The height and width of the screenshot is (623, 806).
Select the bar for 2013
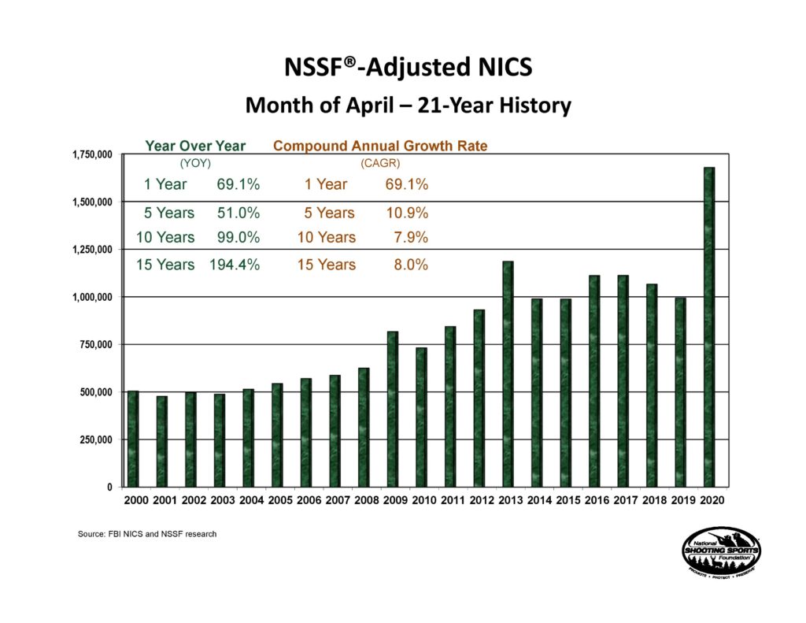coord(508,374)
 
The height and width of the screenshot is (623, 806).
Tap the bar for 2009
coord(393,410)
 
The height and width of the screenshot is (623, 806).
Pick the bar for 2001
coord(161,441)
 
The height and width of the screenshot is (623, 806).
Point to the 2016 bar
coord(594,381)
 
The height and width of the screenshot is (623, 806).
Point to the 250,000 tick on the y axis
coord(93,439)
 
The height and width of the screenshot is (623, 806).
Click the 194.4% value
coord(234,265)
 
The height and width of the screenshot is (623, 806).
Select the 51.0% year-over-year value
coord(238,213)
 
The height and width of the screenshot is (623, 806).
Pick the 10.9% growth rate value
coord(410,213)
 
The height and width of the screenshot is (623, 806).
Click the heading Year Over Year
coord(195,146)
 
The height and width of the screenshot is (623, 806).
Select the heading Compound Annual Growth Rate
coord(379,146)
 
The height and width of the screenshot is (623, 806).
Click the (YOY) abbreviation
coord(195,164)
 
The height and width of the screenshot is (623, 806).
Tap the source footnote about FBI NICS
coord(147,534)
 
